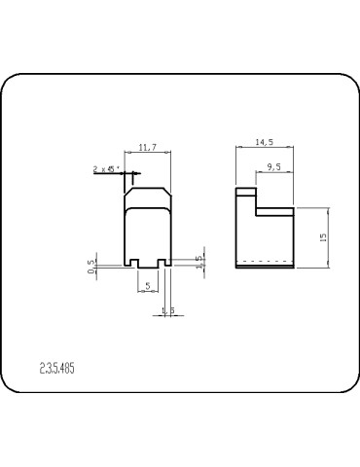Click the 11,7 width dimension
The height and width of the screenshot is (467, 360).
click(x=149, y=147)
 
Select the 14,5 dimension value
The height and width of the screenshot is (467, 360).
click(x=264, y=142)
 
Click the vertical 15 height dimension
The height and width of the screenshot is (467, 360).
click(x=322, y=236)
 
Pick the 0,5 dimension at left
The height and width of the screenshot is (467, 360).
click(x=91, y=266)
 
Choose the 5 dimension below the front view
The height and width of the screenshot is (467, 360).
click(x=147, y=286)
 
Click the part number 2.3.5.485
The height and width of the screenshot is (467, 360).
click(x=60, y=370)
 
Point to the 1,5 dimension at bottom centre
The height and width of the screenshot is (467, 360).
click(x=167, y=310)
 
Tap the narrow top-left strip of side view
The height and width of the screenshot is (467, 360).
click(x=246, y=192)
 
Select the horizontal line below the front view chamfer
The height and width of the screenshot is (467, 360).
click(x=149, y=209)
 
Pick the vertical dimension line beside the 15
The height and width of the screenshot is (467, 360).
click(x=330, y=238)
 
